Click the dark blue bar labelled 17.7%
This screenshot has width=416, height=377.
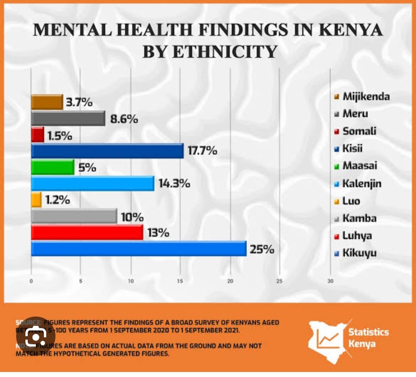107,151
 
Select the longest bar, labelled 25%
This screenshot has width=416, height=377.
139,248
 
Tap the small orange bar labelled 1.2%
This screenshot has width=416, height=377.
36,200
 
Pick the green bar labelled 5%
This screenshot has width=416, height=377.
52,168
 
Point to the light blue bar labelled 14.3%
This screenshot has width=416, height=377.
92,183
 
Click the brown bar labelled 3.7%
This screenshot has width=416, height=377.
47,102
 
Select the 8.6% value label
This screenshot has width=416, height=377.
124,119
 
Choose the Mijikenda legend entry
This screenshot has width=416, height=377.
366,96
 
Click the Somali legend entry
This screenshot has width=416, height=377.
359,131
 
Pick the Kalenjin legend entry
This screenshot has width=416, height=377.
361,184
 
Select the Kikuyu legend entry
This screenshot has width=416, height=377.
359,253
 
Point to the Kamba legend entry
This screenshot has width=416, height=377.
359,219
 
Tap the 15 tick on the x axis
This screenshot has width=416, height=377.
180,281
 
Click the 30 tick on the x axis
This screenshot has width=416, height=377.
330,281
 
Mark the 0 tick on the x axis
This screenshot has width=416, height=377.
31,281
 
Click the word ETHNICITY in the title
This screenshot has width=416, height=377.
210,51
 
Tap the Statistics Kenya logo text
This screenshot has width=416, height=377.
368,337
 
